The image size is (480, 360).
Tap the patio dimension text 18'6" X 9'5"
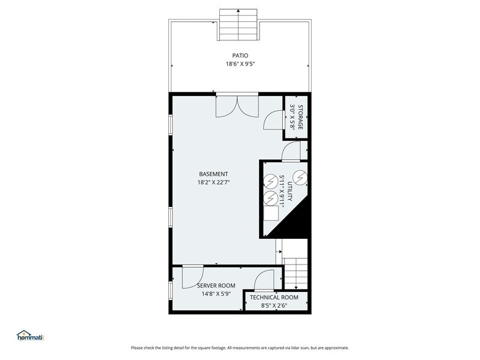point(240,63)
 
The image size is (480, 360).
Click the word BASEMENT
point(214,173)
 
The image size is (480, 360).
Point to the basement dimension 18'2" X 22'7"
point(214,182)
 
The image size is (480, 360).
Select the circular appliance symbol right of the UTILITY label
point(299,177)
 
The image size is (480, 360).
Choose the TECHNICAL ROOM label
point(274,298)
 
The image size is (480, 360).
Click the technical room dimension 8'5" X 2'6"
point(274,306)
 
